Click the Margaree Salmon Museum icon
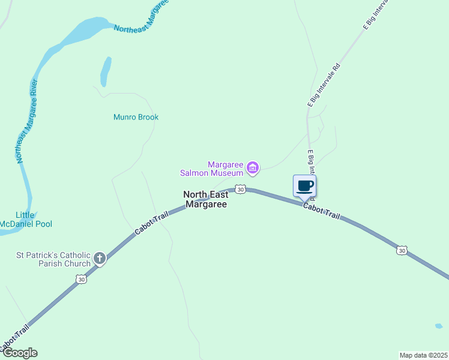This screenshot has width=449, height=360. point(253,167)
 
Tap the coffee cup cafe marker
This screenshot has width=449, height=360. point(304,186)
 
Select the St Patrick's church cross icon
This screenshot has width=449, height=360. point(100,259)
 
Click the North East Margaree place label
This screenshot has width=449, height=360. point(205,199)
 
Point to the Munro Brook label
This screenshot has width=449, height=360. point(136,117)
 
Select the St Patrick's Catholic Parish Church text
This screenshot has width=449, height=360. point(53,259)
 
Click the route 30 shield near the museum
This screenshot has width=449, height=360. point(240,189)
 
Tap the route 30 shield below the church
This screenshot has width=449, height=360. point(81,279)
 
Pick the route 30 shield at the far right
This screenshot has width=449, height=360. point(402,250)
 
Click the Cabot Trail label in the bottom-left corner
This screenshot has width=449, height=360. point(13,339)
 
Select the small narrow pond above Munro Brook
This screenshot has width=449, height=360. point(106,71)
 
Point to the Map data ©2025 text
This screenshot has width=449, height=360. point(423,355)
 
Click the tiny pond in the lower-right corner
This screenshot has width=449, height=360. point(439,326)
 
